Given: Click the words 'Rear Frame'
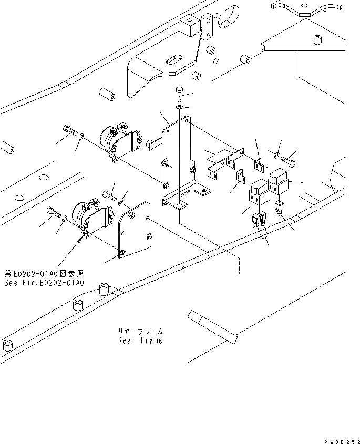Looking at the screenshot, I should pos(140,340).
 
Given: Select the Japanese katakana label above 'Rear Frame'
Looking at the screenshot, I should pos(140,332).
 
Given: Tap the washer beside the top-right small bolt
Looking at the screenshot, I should pos(275,154).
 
